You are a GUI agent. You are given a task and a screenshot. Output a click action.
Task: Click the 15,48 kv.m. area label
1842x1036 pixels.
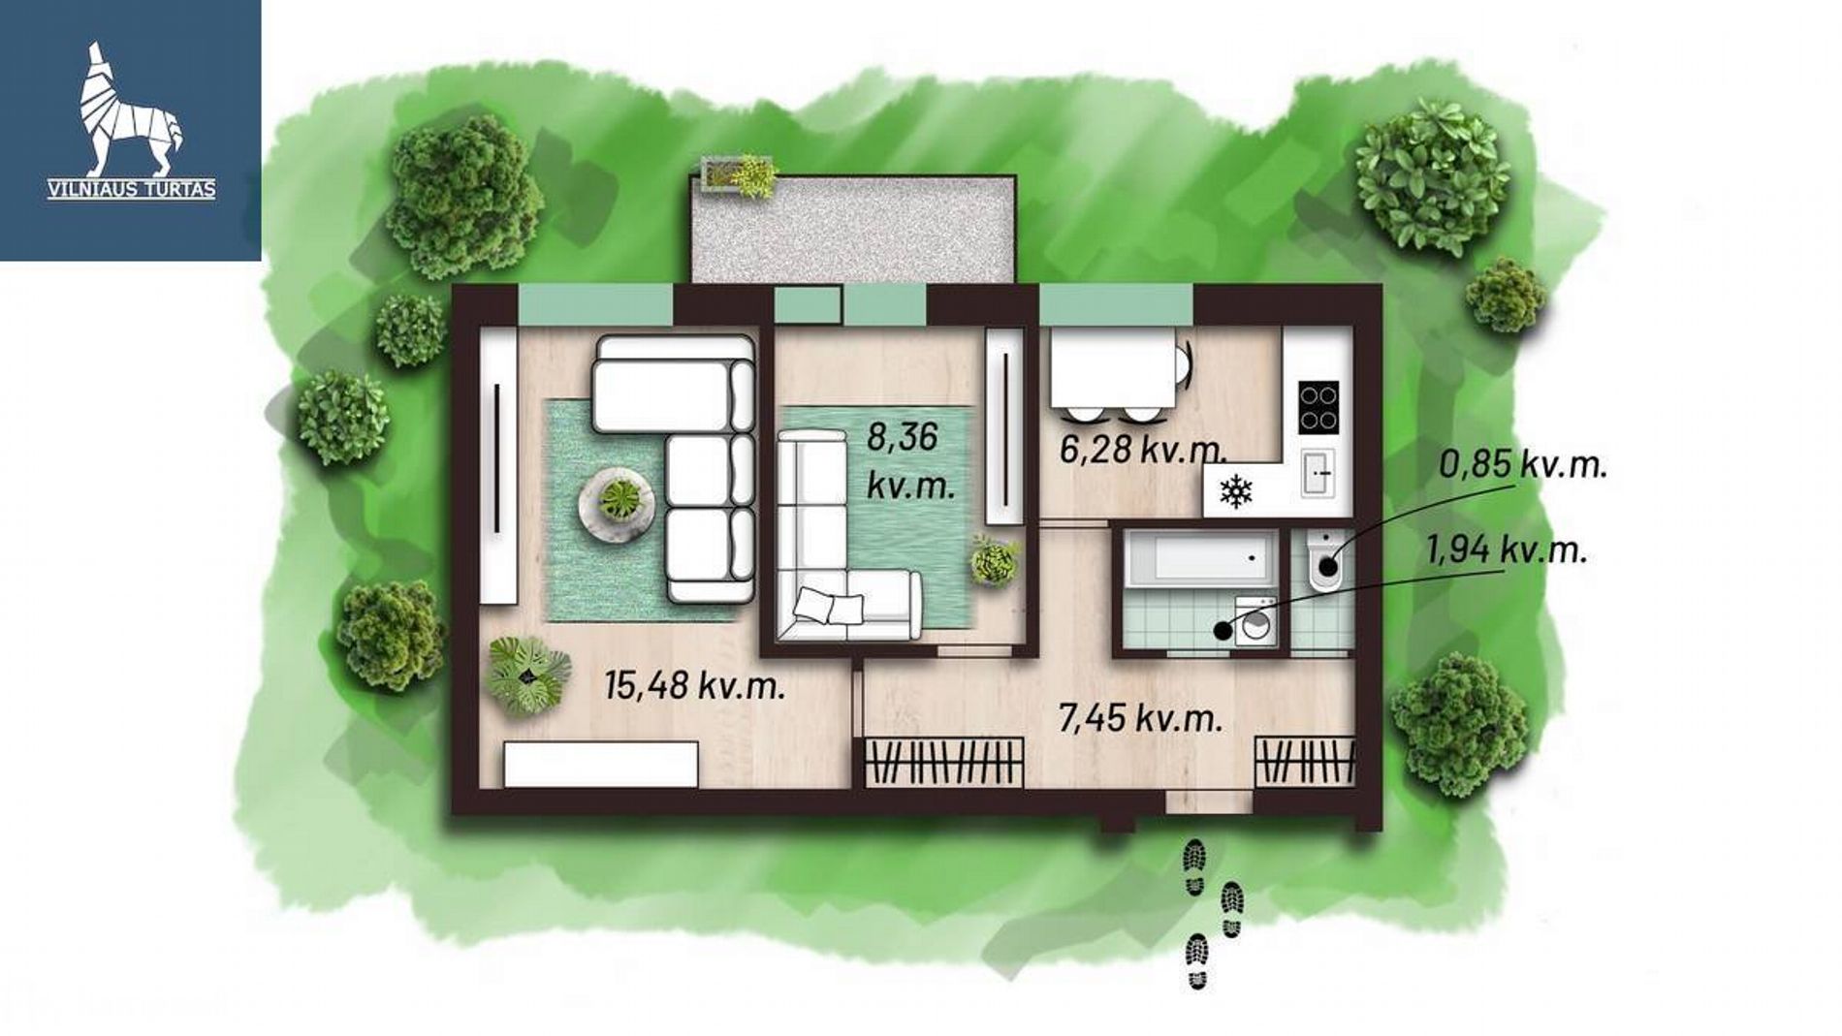click(694, 686)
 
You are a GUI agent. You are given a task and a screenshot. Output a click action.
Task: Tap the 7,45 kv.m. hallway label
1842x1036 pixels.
click(1140, 718)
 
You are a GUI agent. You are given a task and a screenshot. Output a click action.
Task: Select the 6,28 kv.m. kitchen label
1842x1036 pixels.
click(1143, 450)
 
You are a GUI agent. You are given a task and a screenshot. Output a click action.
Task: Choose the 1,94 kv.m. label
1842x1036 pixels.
click(1507, 550)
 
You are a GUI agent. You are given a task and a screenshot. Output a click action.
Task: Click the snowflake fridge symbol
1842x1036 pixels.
click(1236, 491)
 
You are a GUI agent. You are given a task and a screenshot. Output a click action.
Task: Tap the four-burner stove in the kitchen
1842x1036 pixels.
click(1318, 407)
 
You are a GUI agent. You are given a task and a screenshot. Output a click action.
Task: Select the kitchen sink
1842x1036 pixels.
click(1318, 473)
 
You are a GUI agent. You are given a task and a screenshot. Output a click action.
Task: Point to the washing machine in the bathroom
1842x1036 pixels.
click(1255, 620)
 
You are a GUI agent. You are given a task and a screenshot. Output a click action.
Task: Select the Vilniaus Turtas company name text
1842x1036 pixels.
click(132, 190)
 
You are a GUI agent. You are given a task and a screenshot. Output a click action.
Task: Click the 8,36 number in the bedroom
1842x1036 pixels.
click(902, 437)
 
